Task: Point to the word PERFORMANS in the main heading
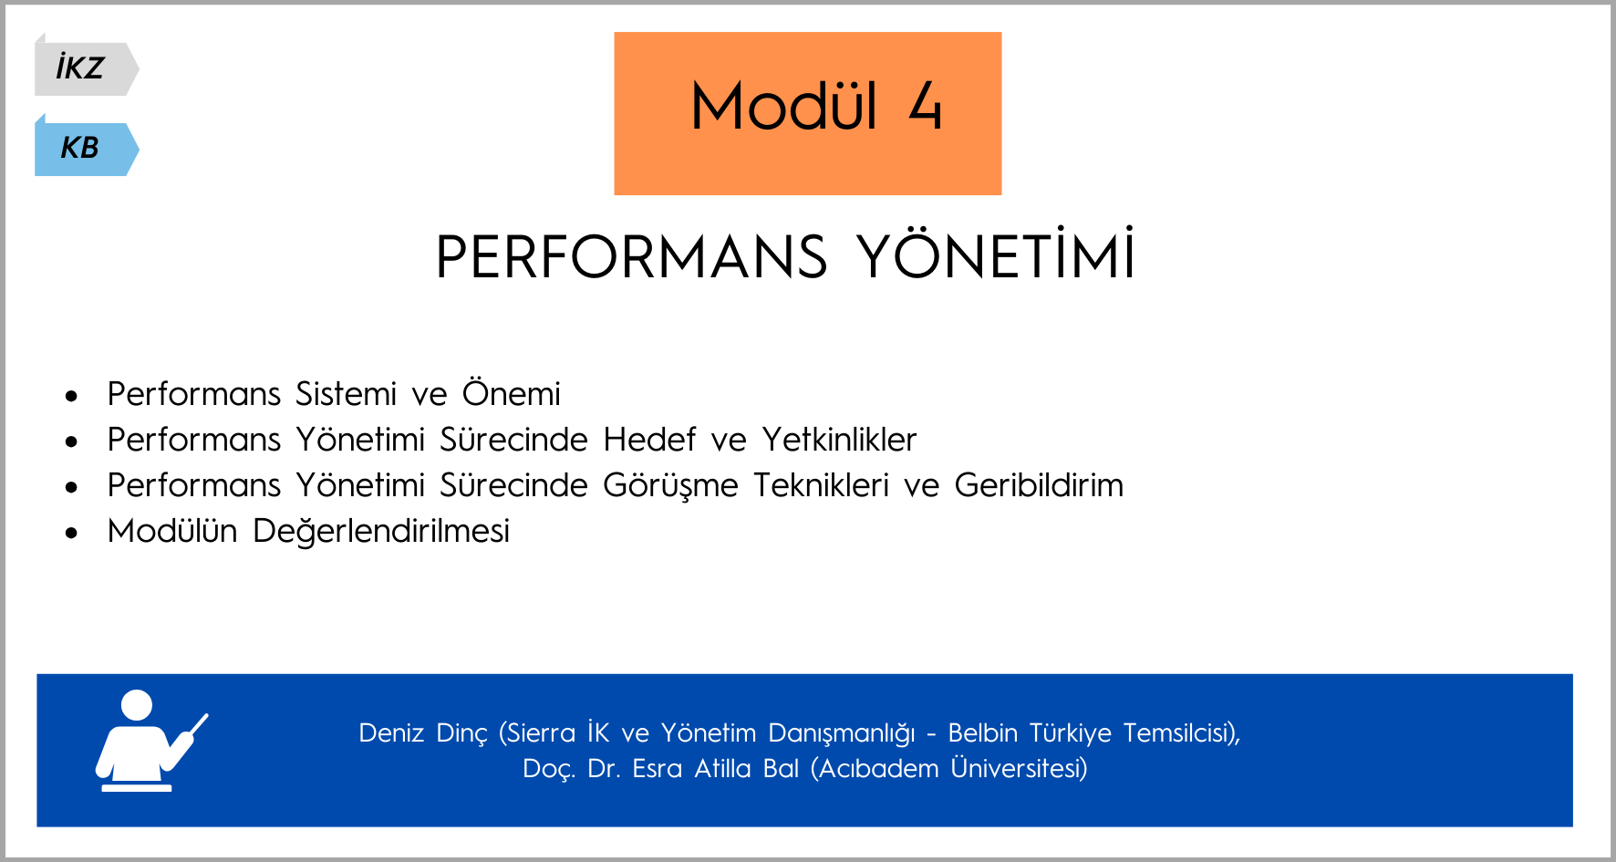click(x=631, y=257)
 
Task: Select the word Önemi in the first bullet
click(x=511, y=392)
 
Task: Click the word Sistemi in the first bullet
click(x=346, y=394)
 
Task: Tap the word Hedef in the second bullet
click(x=649, y=439)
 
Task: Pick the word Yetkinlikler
click(x=839, y=439)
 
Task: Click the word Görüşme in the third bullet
click(x=670, y=485)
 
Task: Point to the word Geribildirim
click(x=1039, y=484)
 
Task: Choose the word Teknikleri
click(x=821, y=484)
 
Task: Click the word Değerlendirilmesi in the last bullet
click(x=381, y=531)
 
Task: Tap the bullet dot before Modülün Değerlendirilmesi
click(x=72, y=533)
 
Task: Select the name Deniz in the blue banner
click(x=391, y=732)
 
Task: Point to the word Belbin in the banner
click(x=982, y=732)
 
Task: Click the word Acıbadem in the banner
click(x=878, y=768)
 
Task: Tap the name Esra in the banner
click(x=657, y=768)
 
